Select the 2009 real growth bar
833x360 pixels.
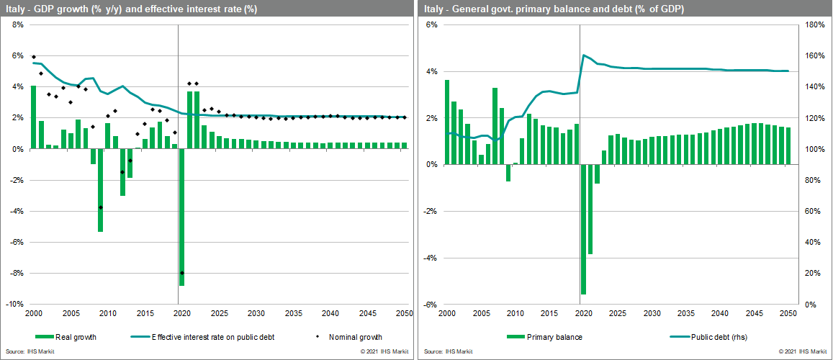coord(100,190)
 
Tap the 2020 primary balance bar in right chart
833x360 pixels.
coord(583,229)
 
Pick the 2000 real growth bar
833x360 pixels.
coord(33,117)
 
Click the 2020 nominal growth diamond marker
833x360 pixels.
coord(182,273)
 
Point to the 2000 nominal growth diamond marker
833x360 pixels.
coord(33,57)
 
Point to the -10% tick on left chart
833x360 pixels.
coord(17,305)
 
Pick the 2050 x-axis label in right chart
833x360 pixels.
coord(788,314)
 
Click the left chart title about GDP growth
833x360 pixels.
coord(131,9)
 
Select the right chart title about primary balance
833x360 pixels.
coord(554,9)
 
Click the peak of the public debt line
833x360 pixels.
coord(584,55)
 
